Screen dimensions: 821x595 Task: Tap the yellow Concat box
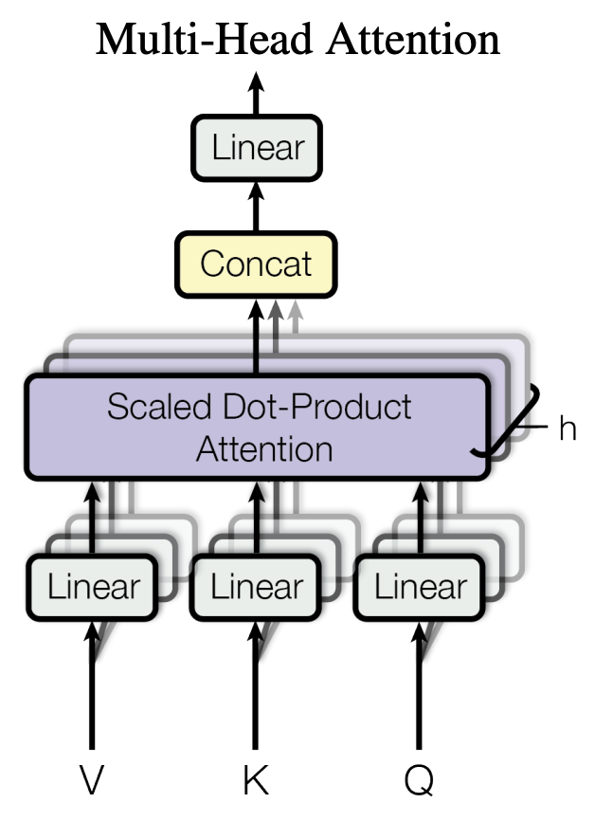click(x=256, y=263)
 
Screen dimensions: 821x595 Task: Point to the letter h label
click(x=567, y=429)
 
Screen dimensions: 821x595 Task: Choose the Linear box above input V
click(x=94, y=587)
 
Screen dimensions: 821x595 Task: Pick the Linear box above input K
click(x=257, y=587)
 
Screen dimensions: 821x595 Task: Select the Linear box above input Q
click(x=420, y=587)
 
